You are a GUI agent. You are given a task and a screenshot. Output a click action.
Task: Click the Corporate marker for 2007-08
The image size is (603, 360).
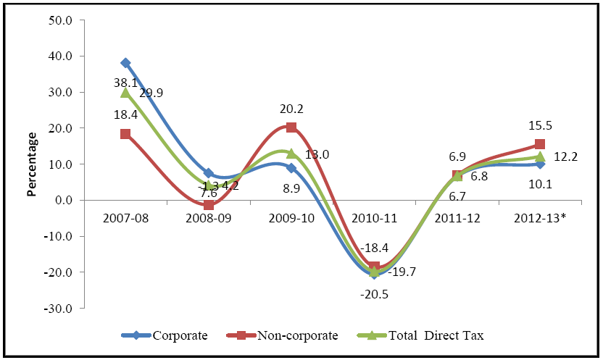click(x=125, y=63)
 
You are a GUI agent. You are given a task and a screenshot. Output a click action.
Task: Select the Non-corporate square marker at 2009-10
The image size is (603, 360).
click(x=291, y=127)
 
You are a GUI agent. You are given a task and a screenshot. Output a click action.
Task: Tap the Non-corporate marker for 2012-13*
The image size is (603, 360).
click(x=540, y=144)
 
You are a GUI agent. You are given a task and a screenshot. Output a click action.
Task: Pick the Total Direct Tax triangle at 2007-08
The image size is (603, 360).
click(x=125, y=93)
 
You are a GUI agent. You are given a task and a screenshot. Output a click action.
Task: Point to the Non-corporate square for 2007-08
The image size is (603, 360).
click(x=125, y=134)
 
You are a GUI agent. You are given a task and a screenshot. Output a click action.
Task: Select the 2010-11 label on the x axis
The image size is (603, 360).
click(x=375, y=217)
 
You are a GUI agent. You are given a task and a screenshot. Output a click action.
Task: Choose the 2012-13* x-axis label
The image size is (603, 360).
click(x=541, y=217)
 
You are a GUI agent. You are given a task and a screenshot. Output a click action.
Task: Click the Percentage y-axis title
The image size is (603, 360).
click(x=32, y=164)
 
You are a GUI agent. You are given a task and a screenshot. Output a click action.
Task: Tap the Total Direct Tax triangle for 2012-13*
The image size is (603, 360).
click(x=540, y=156)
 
